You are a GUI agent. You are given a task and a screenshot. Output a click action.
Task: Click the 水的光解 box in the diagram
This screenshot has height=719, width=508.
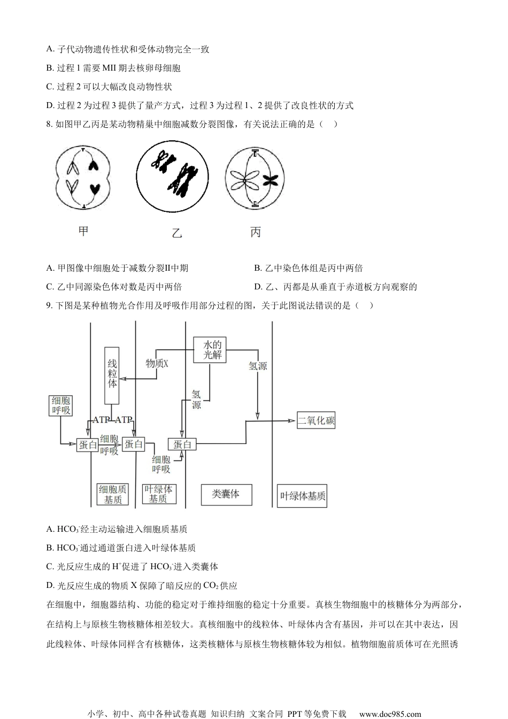pos(212,349)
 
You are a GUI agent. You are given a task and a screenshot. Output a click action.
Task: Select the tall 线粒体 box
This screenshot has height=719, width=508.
pos(112,376)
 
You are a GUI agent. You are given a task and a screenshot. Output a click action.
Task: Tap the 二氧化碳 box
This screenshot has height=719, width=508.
pos(317,420)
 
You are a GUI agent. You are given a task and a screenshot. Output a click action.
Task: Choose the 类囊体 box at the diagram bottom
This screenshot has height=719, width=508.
pos(226,494)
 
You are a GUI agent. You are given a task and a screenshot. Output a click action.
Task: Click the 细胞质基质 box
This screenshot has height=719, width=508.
pos(113,494)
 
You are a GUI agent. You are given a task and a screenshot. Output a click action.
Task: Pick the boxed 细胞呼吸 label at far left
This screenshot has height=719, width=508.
pos(61,406)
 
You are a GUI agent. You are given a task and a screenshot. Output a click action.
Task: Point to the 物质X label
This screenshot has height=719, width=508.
pos(157,363)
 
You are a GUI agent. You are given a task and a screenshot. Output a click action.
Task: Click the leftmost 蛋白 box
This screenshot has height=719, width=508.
pos(88,444)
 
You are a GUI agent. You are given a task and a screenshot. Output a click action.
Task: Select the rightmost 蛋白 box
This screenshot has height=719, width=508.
pos(182,444)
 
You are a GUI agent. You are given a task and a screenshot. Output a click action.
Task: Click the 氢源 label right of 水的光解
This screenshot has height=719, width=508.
pos(258,366)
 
